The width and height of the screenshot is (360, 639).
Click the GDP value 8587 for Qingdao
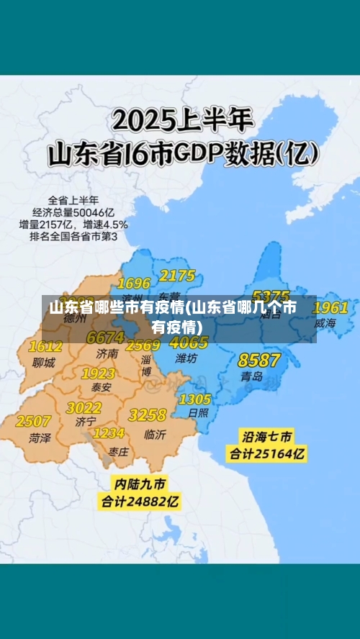click(x=259, y=360)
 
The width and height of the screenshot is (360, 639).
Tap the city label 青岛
click(x=251, y=376)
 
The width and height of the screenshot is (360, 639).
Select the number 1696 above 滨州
click(x=134, y=283)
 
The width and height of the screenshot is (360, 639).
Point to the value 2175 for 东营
click(x=177, y=276)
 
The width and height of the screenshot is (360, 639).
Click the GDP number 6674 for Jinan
click(x=105, y=337)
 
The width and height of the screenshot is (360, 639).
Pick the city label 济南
click(x=107, y=353)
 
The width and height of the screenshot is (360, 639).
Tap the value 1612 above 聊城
click(x=45, y=347)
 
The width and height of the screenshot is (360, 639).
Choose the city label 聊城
click(x=44, y=363)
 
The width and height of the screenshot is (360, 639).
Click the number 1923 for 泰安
click(x=99, y=373)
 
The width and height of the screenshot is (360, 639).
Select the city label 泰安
click(x=101, y=387)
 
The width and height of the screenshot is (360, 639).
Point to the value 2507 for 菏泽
click(x=33, y=421)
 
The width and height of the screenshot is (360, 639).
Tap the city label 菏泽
click(x=39, y=437)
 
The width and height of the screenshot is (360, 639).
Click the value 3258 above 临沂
click(x=148, y=415)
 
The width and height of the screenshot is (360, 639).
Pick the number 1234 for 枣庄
click(x=109, y=433)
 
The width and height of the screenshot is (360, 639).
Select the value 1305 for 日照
click(x=194, y=399)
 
